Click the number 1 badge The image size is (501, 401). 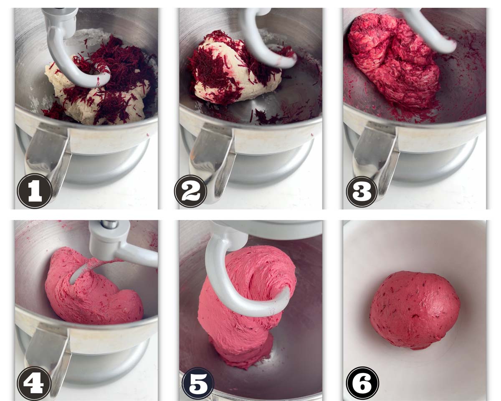point(35,191)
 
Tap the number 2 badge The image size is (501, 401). point(191,191)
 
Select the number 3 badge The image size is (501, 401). point(362,192)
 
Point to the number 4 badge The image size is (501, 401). point(34,383)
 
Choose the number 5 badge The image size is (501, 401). point(197,385)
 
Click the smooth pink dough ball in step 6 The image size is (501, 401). point(415,310)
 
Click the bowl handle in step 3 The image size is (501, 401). point(376,161)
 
